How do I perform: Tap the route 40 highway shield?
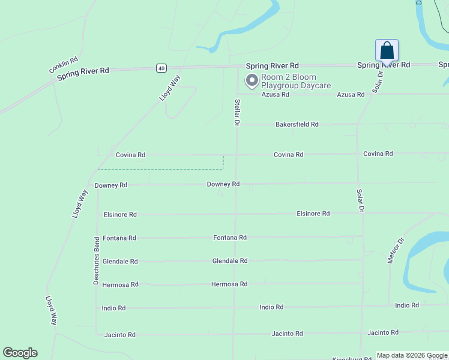point(161,68)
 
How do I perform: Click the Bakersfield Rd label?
point(297,124)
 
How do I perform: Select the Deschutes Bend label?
point(96,260)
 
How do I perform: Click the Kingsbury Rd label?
point(352,358)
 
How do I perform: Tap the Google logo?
point(20,353)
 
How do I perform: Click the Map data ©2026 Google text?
point(412,355)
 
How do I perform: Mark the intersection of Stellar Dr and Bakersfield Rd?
point(237,125)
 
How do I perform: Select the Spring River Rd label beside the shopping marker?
point(384,65)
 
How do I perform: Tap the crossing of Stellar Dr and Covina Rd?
point(236,154)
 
